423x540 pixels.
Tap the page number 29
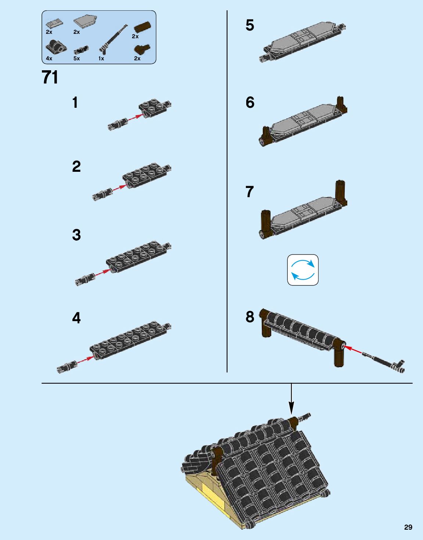408,525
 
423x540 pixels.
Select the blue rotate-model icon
302,270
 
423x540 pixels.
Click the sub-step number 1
75,102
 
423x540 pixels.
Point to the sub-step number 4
76,318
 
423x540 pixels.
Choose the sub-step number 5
250,25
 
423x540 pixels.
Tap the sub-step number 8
250,317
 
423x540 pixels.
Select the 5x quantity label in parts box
77,58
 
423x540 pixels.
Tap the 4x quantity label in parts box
49,58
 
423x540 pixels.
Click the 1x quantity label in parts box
101,58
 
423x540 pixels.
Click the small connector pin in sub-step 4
66,367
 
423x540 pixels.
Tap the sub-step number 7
250,192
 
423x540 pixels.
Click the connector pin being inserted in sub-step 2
102,194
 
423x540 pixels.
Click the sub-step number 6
250,102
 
